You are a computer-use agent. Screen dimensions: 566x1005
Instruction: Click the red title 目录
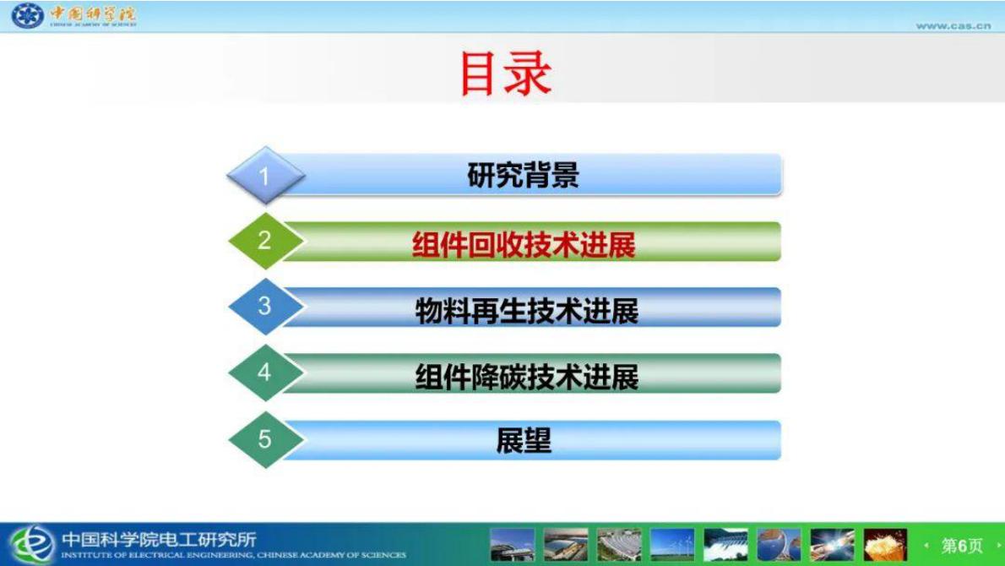[504, 73]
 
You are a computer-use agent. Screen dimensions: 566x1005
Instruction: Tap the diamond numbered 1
[265, 176]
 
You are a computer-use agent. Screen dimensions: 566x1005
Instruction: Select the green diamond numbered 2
[265, 241]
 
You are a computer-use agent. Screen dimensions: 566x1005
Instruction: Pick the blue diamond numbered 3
[265, 306]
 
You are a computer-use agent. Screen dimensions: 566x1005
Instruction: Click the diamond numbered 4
[265, 372]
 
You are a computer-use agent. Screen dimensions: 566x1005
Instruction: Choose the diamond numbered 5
[265, 439]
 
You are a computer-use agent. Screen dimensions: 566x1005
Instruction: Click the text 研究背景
[524, 176]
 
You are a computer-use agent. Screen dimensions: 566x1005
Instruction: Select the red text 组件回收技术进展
[524, 245]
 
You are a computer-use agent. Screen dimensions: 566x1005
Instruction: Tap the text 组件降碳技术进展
[526, 377]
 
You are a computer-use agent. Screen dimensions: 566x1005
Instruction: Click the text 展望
[524, 440]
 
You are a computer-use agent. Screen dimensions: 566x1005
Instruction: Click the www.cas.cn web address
[953, 25]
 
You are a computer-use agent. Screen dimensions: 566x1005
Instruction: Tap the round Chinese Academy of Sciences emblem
[27, 15]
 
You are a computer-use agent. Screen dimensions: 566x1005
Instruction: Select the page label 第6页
[962, 546]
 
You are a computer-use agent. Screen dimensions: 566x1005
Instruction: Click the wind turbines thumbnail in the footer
[672, 545]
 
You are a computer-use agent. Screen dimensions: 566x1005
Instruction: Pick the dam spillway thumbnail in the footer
[725, 545]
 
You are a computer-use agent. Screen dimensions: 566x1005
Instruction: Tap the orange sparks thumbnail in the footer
[885, 545]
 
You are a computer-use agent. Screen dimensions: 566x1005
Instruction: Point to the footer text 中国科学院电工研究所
[159, 539]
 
